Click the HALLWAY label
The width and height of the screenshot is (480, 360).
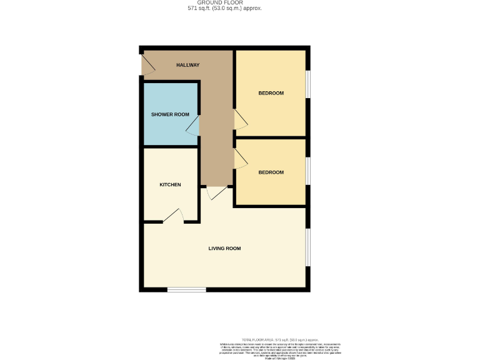[x=187, y=65]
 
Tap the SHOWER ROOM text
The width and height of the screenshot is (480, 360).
[x=170, y=114]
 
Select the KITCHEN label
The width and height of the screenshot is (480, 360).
[x=170, y=185]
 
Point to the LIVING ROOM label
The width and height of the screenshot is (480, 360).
[x=224, y=249]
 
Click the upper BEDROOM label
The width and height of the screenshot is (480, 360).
[x=271, y=93]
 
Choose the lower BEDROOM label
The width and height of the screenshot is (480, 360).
[x=271, y=172]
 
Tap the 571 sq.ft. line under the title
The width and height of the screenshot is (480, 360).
[x=224, y=9]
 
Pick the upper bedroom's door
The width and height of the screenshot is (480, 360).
[x=240, y=119]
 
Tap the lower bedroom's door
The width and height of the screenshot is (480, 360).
[x=240, y=159]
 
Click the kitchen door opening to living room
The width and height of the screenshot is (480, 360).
[x=174, y=216]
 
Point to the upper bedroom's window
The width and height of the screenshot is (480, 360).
[x=307, y=82]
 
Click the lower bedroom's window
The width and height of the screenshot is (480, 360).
[x=307, y=172]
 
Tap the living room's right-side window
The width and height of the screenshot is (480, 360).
[x=307, y=247]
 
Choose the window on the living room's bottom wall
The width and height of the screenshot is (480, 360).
[x=186, y=289]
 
